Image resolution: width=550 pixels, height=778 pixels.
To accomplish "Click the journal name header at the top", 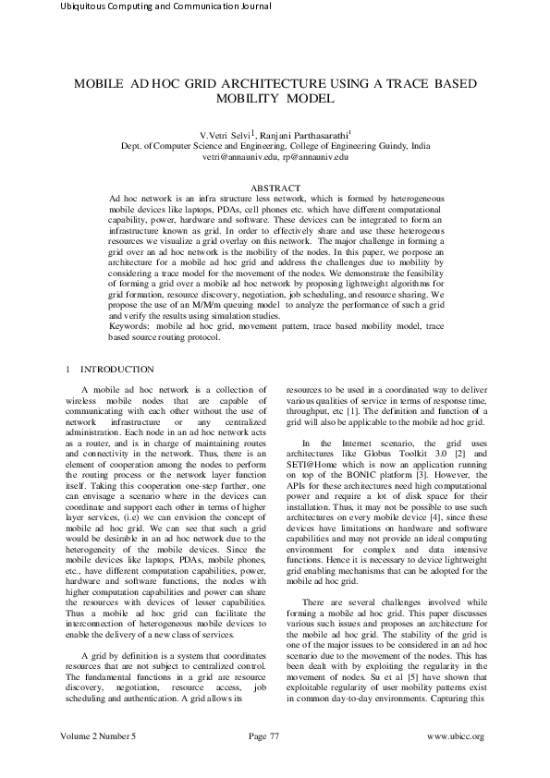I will pos(165,7).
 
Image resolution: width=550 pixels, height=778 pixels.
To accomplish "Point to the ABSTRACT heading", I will pos(275,188).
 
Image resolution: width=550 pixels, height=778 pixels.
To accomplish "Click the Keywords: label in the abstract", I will pos(131,326).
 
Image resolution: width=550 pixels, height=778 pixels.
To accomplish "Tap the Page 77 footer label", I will pos(263,761).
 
